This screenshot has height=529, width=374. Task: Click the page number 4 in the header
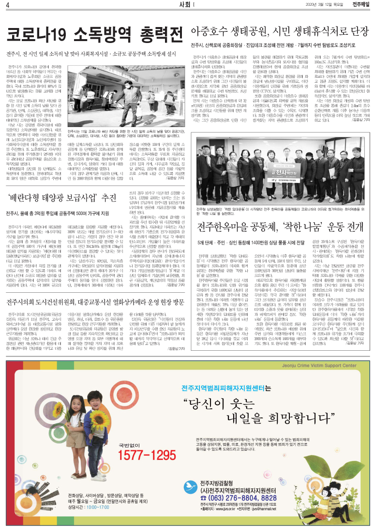coord(8,5)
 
